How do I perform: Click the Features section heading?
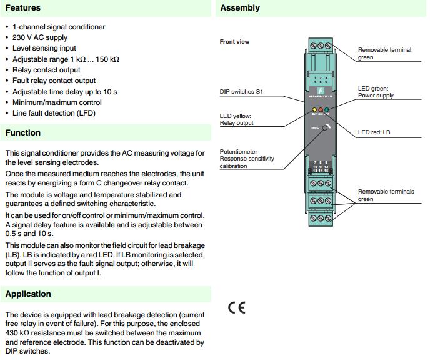point(23,8)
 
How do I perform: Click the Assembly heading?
point(240,8)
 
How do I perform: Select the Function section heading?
point(23,132)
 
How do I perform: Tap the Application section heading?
point(28,294)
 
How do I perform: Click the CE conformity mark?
point(237,307)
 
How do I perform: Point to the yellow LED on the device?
point(314,110)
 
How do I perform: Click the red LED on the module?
point(321,110)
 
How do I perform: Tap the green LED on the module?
point(327,110)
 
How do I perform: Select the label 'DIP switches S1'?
point(241,92)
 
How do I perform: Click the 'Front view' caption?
point(234,42)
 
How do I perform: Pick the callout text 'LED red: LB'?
point(374,132)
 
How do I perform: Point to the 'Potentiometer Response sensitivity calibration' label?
point(246,159)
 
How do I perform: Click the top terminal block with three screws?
point(321,46)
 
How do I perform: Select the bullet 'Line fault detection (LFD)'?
point(54,113)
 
